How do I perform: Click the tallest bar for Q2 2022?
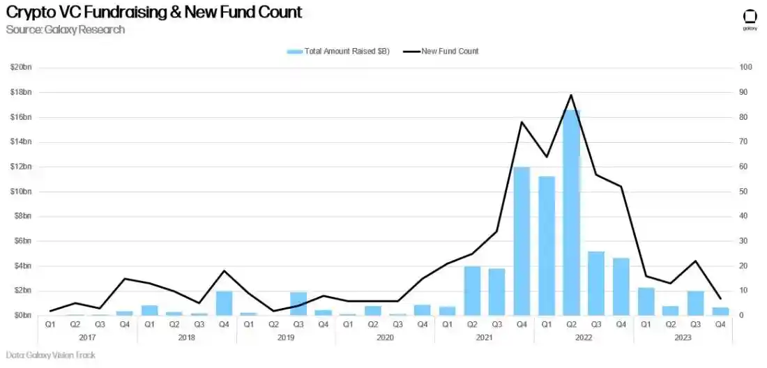click(572, 213)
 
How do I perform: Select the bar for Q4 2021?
click(522, 241)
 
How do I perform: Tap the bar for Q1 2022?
click(547, 245)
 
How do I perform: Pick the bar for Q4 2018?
click(224, 303)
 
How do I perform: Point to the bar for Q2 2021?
click(472, 291)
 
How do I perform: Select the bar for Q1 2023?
click(646, 301)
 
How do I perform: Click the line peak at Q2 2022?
click(572, 95)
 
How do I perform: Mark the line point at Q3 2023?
click(696, 261)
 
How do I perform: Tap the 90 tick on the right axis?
click(745, 92)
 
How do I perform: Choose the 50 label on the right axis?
click(745, 192)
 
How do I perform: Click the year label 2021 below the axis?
click(485, 337)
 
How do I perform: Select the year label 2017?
click(87, 337)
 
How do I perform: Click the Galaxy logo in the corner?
click(750, 19)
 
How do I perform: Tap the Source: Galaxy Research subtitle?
click(66, 29)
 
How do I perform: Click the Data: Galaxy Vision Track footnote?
click(50, 355)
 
